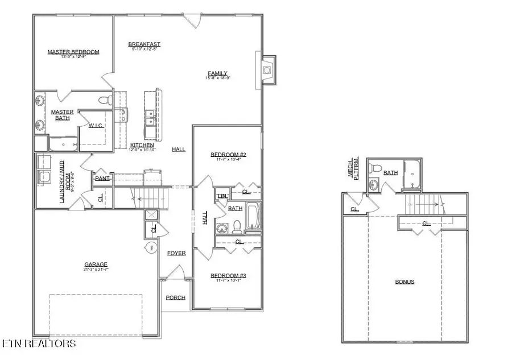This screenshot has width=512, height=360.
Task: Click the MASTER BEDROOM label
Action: [x=73, y=52]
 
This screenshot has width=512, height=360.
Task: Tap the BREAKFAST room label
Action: [x=144, y=44]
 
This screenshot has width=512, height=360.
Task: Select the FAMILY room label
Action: [x=217, y=73]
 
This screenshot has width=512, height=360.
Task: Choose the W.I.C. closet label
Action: [x=96, y=125]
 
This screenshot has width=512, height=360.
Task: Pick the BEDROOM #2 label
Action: [x=228, y=154]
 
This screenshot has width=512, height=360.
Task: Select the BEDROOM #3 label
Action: [x=228, y=276]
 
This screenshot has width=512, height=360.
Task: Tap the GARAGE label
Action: [x=96, y=264]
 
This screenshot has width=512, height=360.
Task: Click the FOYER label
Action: [x=176, y=253]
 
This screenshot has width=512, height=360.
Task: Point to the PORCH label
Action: [x=175, y=297]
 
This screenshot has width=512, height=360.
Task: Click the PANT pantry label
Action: [x=102, y=179]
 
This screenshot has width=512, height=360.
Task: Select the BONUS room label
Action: [x=405, y=282]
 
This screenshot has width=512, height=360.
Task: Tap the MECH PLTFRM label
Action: [x=358, y=169]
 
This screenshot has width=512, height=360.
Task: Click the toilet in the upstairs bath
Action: [x=375, y=169]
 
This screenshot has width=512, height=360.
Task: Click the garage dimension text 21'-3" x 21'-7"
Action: [x=96, y=270]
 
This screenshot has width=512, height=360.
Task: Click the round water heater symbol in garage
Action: [x=152, y=247]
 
